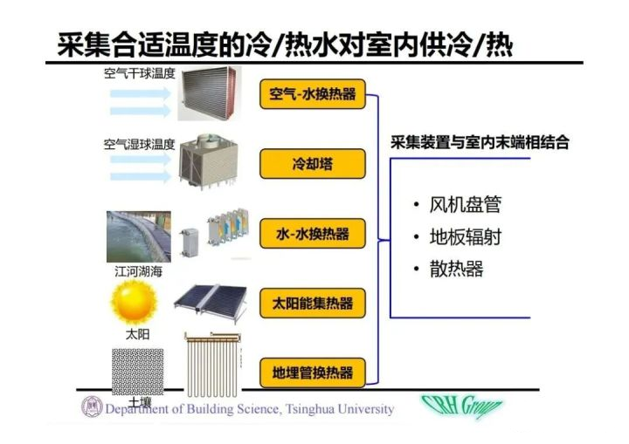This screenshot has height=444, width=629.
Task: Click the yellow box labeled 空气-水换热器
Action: point(313,94)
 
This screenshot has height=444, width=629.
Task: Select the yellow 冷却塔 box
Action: point(313,164)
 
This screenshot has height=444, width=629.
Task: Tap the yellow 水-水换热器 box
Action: point(313,234)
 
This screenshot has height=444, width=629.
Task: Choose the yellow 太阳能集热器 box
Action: point(313,304)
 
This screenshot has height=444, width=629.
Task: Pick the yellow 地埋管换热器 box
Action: point(313,373)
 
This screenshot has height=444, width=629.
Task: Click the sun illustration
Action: point(134,303)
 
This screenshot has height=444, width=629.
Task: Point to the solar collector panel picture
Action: point(211,303)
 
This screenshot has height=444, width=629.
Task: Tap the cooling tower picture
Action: point(208,161)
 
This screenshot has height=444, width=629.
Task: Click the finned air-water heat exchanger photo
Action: point(210,94)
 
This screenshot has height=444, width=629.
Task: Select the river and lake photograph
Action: point(139,236)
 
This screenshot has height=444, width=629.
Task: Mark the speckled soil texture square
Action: point(138,372)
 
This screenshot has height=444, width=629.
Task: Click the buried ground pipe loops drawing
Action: point(212,364)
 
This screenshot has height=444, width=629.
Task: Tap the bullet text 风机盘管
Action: point(466,205)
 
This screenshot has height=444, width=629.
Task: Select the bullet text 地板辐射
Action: point(466,236)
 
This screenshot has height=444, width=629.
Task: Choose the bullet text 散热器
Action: point(457,269)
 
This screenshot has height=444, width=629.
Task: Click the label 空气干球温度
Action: point(140,73)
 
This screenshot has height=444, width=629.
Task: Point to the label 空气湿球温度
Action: point(140,144)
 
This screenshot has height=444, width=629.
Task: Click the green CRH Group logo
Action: point(461,406)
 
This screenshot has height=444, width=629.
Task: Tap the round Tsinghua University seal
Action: point(92,406)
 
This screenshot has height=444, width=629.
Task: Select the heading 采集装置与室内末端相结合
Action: point(480,142)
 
